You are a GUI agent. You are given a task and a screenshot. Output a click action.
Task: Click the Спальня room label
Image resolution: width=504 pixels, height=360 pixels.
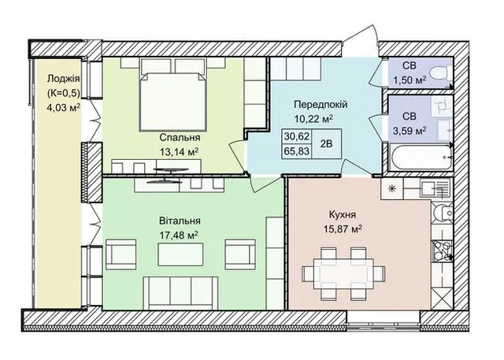pyautogui.click(x=180, y=138)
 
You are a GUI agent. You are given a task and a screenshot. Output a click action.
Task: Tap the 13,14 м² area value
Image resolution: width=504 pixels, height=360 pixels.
pyautogui.click(x=179, y=152)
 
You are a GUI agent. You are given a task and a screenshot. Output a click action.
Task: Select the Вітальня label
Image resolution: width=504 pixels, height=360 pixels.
pyautogui.click(x=180, y=221)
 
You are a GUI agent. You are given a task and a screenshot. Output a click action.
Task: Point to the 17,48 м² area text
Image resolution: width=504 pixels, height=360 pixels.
pyautogui.click(x=179, y=236)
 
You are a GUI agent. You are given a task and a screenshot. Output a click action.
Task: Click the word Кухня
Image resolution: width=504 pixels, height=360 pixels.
pyautogui.click(x=343, y=214)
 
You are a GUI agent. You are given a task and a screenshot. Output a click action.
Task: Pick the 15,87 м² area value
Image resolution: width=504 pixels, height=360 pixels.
pyautogui.click(x=343, y=229)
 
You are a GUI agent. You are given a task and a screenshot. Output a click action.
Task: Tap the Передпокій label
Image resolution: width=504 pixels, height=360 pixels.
pyautogui.click(x=321, y=105)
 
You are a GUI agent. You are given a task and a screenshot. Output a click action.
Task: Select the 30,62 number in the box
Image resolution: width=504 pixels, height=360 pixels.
pyautogui.click(x=296, y=136)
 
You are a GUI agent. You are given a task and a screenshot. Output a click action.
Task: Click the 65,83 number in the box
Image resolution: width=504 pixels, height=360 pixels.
pyautogui.click(x=296, y=150)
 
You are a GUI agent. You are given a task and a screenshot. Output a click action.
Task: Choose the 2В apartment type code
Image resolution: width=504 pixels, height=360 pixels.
pyautogui.click(x=326, y=143)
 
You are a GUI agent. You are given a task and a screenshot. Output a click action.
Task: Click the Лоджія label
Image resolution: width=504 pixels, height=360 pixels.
pyautogui.click(x=63, y=79)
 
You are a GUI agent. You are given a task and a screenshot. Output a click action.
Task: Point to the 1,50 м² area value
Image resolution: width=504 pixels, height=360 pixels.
pyautogui.click(x=409, y=80)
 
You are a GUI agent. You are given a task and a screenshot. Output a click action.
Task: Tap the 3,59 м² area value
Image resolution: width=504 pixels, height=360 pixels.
pyautogui.click(x=409, y=131)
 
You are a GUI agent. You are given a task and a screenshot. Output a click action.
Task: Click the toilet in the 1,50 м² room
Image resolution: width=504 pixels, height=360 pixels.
pyautogui.click(x=440, y=73)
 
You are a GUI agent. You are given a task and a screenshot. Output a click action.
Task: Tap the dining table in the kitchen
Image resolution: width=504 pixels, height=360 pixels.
pyautogui.click(x=343, y=273)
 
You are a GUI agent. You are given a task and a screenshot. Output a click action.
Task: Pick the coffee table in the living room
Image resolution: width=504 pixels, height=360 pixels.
pyautogui.click(x=180, y=254)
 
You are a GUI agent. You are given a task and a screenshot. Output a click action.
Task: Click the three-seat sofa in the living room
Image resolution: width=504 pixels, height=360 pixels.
pyautogui.click(x=180, y=292)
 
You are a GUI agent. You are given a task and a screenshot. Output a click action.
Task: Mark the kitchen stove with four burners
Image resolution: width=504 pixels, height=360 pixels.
pyautogui.click(x=442, y=251)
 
